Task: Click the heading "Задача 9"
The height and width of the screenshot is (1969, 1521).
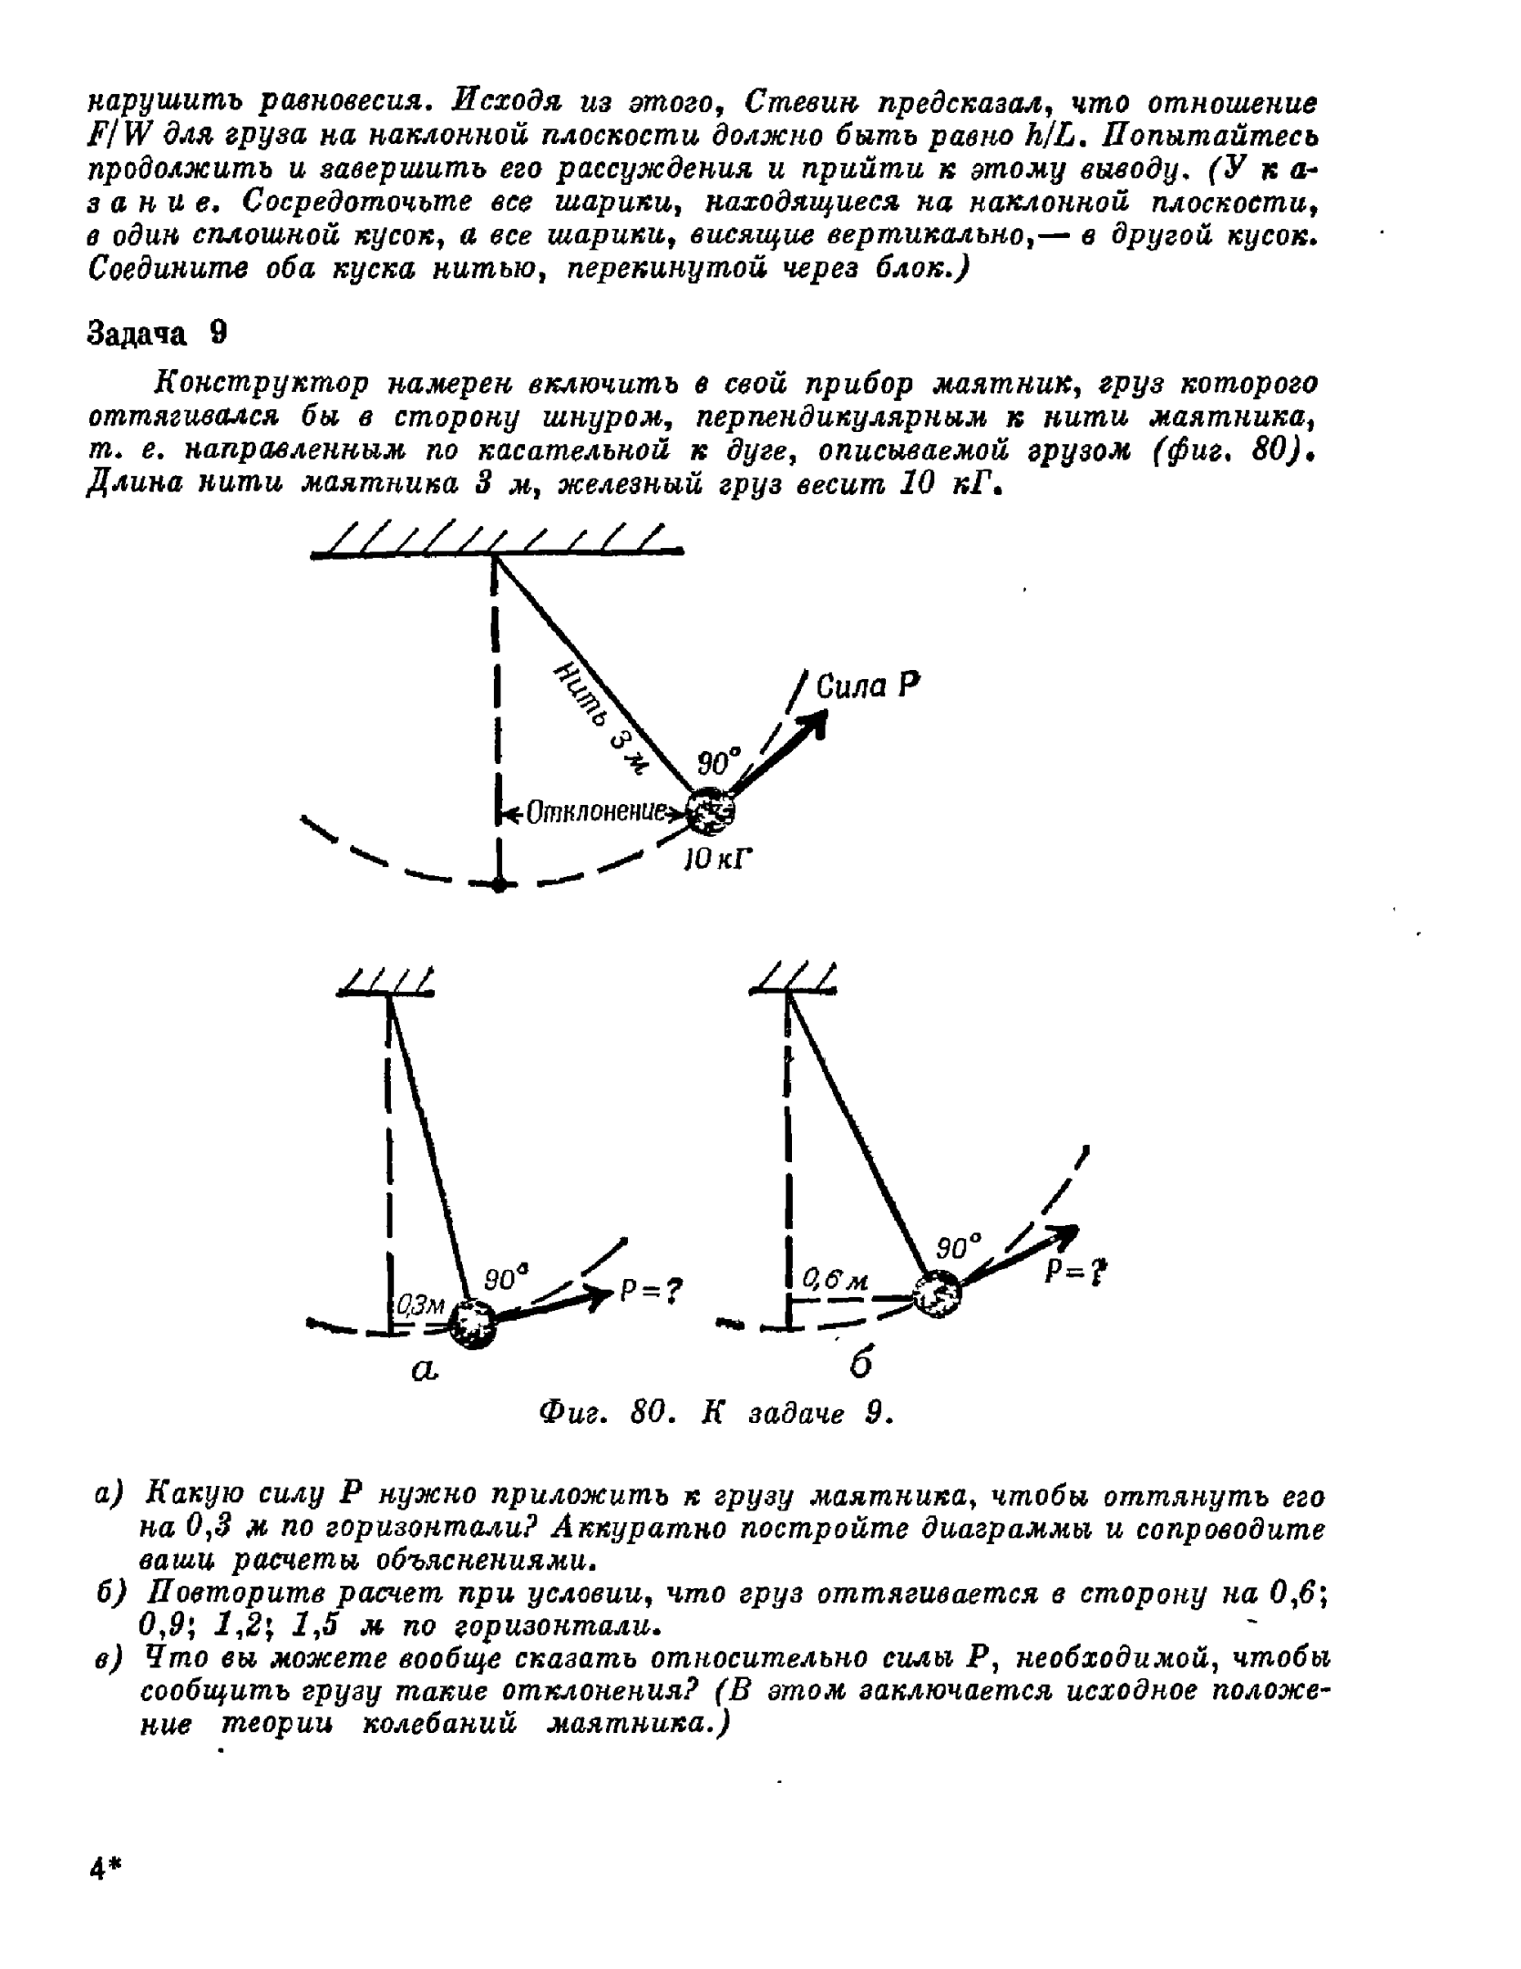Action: pyautogui.click(x=156, y=335)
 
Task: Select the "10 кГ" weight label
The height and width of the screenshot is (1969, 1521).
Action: pyautogui.click(x=720, y=859)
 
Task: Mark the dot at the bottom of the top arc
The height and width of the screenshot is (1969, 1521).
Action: pyautogui.click(x=498, y=884)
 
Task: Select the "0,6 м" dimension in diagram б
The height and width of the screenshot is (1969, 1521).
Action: pyautogui.click(x=835, y=1280)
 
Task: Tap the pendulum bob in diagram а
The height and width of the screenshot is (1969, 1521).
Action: pyautogui.click(x=473, y=1324)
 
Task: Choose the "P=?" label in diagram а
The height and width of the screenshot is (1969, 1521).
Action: pyautogui.click(x=651, y=1290)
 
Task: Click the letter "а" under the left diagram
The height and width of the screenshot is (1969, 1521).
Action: pyautogui.click(x=425, y=1369)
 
